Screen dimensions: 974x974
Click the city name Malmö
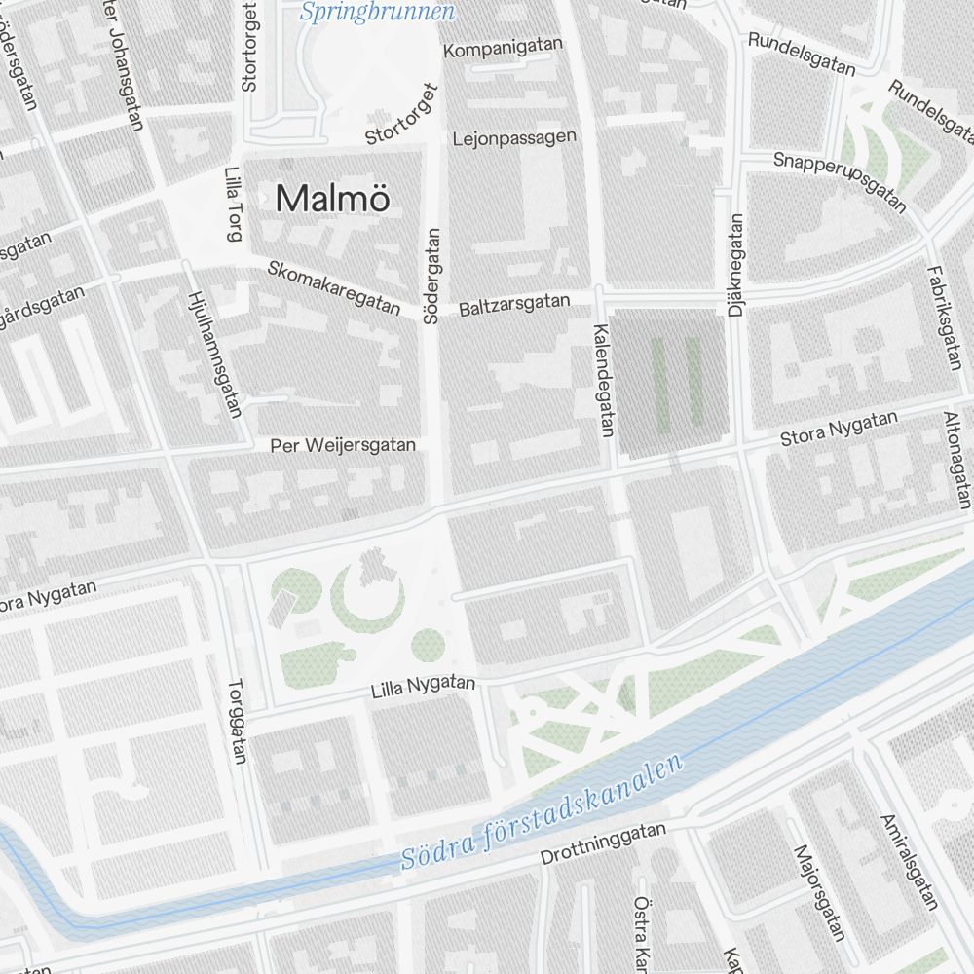[333, 199]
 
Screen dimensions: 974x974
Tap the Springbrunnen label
[377, 13]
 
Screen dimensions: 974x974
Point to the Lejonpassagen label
[514, 138]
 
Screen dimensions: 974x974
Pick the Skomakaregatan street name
[333, 286]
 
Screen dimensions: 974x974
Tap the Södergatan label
[432, 276]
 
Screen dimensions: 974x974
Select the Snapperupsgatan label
[840, 181]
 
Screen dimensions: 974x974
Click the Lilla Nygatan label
[423, 687]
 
